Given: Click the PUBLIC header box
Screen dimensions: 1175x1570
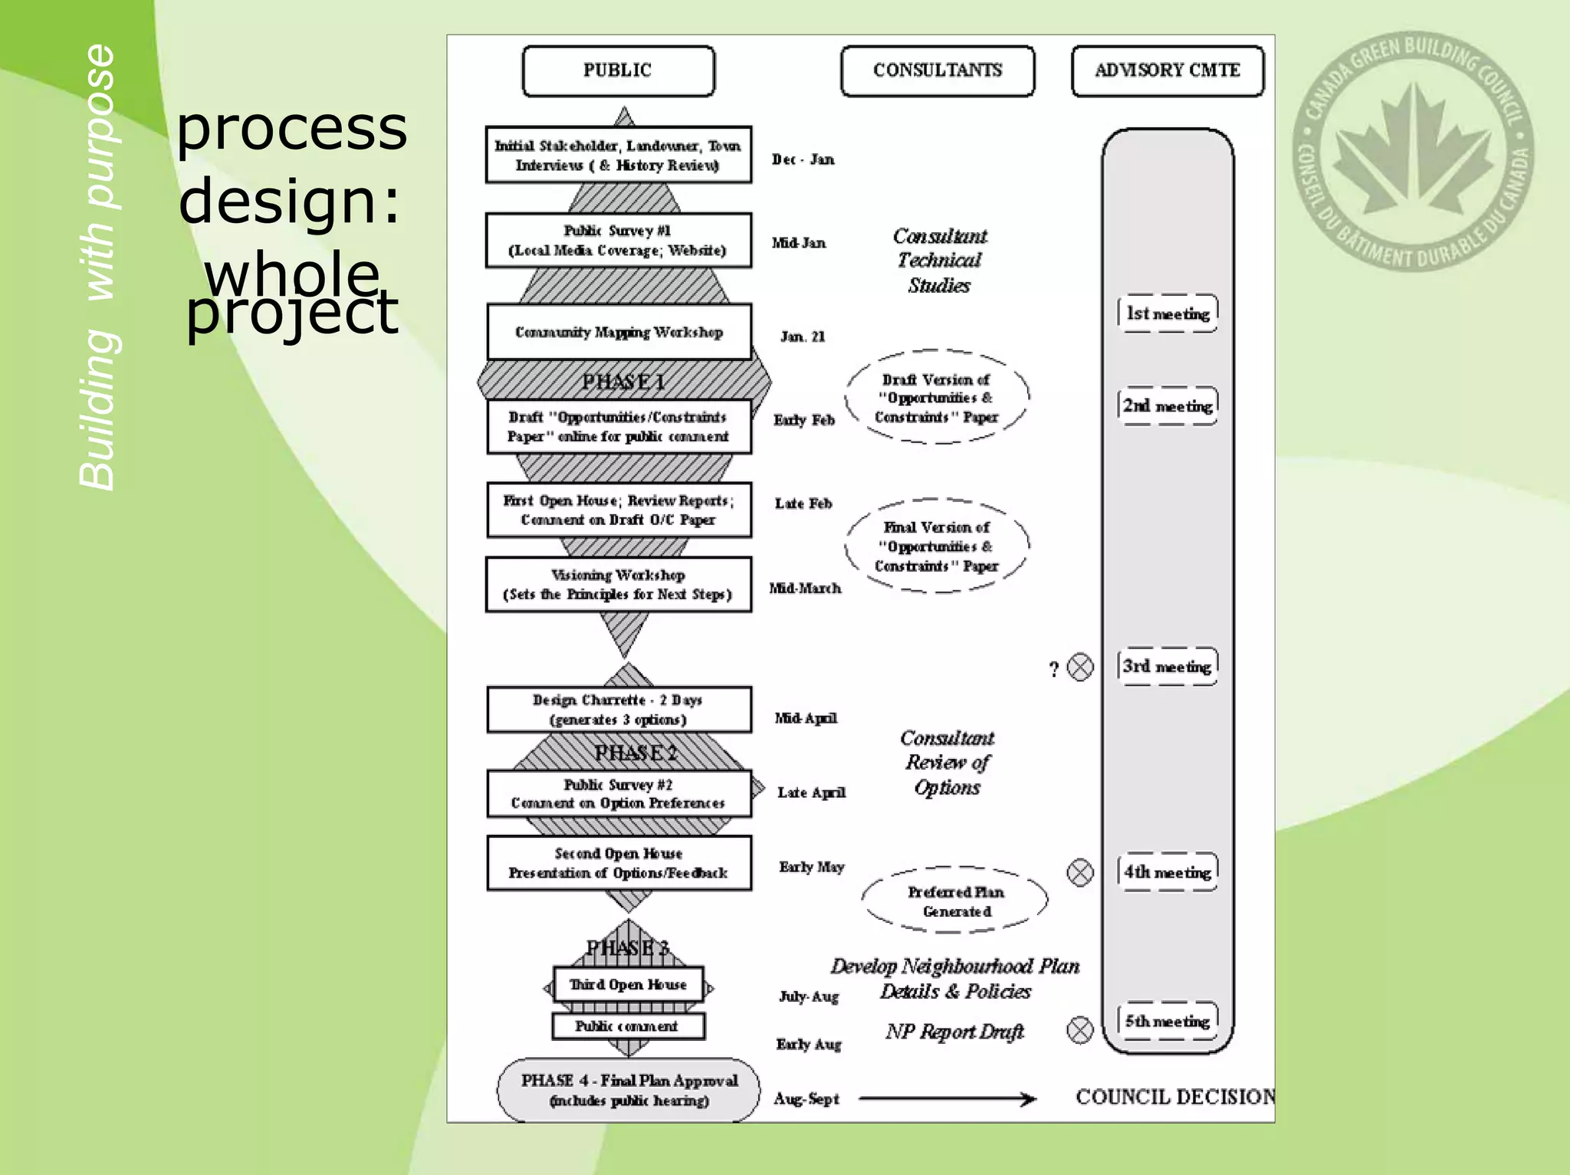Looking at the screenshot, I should point(618,71).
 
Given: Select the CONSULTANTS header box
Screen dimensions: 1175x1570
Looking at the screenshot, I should point(937,71).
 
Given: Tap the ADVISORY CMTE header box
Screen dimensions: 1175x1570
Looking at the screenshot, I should point(1167,71).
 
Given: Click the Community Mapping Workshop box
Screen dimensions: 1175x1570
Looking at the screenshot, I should point(619,332).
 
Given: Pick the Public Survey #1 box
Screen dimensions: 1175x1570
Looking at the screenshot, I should point(618,241).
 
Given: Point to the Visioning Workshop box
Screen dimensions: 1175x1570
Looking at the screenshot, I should point(618,585).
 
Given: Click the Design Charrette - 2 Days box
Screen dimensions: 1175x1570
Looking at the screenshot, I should point(618,710).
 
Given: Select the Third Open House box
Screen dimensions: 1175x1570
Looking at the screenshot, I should point(628,985).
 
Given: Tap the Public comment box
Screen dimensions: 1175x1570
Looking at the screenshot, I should point(628,1026).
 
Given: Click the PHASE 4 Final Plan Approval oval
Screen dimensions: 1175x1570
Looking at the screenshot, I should point(629,1090).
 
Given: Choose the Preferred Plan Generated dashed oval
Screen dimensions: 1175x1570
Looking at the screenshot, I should point(955,901).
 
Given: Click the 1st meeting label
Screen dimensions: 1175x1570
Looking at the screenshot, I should point(1167,313).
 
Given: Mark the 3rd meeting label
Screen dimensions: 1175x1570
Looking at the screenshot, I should point(1167,666).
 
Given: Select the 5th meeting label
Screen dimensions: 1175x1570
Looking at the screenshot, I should point(1167,1021).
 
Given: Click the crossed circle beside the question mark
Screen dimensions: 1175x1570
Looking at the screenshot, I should point(1080,668).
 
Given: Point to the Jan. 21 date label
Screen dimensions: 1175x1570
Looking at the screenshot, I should point(803,336).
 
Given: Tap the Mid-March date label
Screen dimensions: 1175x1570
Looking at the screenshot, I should point(805,588).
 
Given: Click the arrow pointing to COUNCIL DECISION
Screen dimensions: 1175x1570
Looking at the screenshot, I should point(948,1099).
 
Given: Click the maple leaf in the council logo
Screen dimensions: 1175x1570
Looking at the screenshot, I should point(1413,153).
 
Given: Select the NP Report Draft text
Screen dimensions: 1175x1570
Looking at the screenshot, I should point(954,1032).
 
